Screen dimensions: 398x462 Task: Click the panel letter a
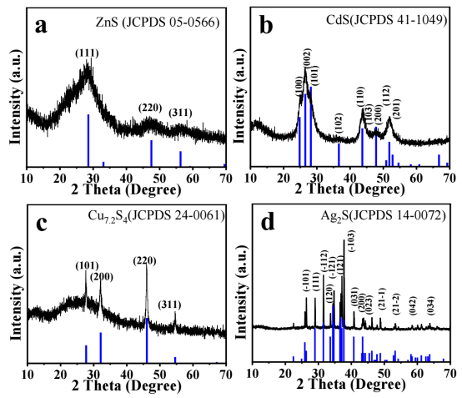coord(41,25)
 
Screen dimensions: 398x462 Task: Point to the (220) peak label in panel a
coord(151,108)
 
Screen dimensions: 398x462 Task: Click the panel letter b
coord(269,25)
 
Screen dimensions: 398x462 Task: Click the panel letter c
coord(41,221)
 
